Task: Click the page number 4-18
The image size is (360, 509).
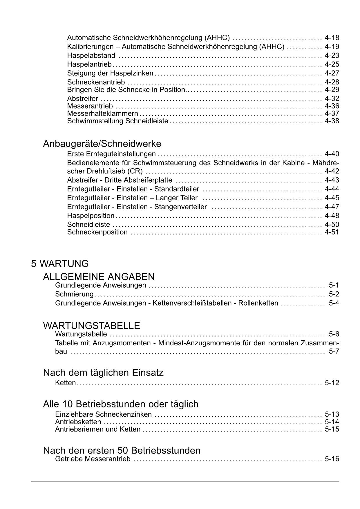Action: tap(332, 38)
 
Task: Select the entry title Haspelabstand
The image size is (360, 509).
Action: tap(91, 55)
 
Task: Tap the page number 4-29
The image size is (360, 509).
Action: tap(332, 90)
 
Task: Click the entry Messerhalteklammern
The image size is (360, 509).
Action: tap(102, 113)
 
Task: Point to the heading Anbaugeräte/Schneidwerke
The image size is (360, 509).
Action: tap(102, 144)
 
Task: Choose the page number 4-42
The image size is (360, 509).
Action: tap(332, 171)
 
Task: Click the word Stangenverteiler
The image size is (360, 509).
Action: tap(180, 207)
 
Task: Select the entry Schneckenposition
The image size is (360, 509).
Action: tap(97, 232)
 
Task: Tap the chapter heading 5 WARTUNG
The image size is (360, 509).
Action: tap(60, 263)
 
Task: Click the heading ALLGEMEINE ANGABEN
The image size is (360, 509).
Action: tap(99, 277)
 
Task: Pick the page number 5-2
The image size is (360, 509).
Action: tap(334, 294)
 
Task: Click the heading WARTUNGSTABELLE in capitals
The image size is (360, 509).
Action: tap(91, 326)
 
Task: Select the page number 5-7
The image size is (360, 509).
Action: tap(334, 352)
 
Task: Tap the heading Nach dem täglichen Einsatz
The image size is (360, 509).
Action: tap(103, 373)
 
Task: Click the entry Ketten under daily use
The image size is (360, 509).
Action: tap(66, 383)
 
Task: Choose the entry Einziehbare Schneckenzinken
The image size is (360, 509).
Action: tap(103, 414)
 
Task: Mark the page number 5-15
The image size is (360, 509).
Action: tap(332, 429)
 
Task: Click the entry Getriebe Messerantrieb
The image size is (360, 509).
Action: tap(93, 459)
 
